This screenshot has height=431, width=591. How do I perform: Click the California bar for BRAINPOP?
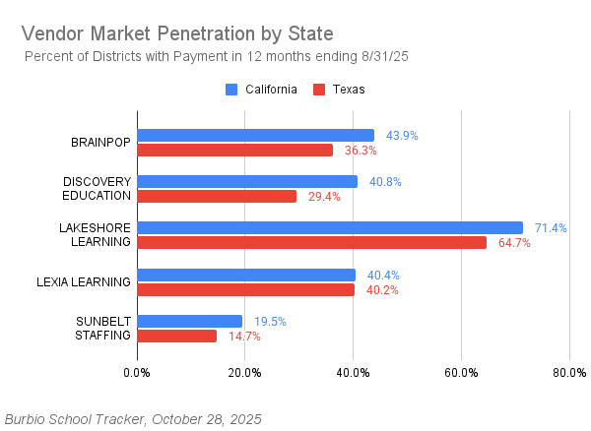point(255,135)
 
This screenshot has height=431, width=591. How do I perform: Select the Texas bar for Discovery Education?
point(217,196)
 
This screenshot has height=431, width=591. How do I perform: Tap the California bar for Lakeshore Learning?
point(330,227)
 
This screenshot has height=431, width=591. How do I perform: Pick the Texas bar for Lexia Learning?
point(245,289)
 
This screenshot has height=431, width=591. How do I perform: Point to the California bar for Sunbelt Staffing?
point(189,321)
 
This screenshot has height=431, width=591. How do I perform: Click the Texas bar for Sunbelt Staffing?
point(176,336)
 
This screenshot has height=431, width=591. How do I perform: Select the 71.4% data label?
point(551,228)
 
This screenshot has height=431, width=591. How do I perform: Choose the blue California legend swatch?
point(231,90)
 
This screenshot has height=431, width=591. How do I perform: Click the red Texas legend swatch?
point(318,90)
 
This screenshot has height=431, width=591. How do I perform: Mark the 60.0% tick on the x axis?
point(461,373)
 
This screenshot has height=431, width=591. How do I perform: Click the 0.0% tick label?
point(137,373)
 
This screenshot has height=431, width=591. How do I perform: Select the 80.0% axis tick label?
point(569,373)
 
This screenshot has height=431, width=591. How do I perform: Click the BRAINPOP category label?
point(100,143)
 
